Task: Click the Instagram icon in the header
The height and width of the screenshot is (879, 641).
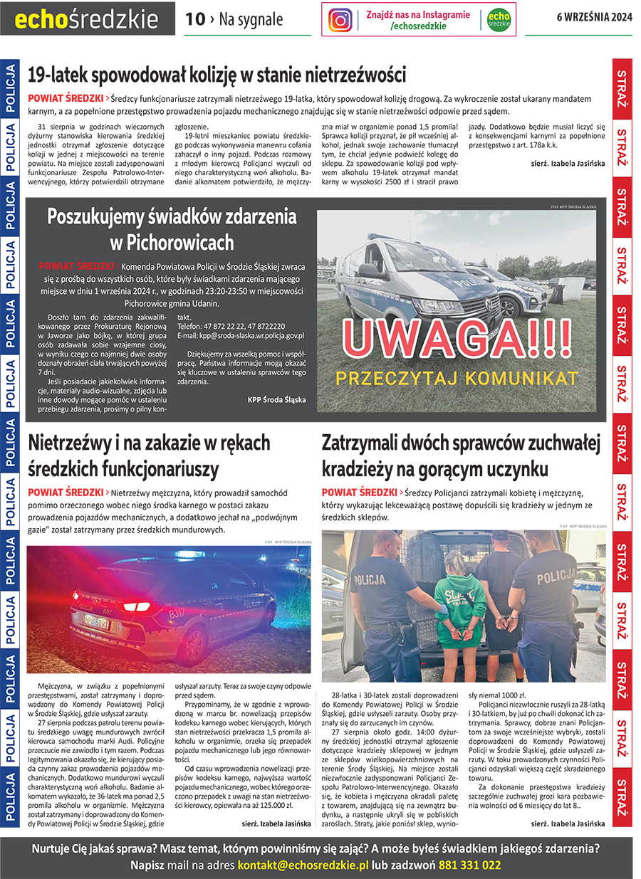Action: [x=340, y=20]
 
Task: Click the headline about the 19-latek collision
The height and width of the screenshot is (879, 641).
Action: [x=217, y=75]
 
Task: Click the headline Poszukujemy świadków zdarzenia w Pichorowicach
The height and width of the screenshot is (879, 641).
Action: [x=172, y=229]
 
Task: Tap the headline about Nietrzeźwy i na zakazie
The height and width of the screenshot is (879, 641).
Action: [x=149, y=456]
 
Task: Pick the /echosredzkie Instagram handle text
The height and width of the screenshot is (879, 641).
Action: [x=418, y=26]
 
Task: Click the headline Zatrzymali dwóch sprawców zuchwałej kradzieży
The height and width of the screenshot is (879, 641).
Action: [x=461, y=456]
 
